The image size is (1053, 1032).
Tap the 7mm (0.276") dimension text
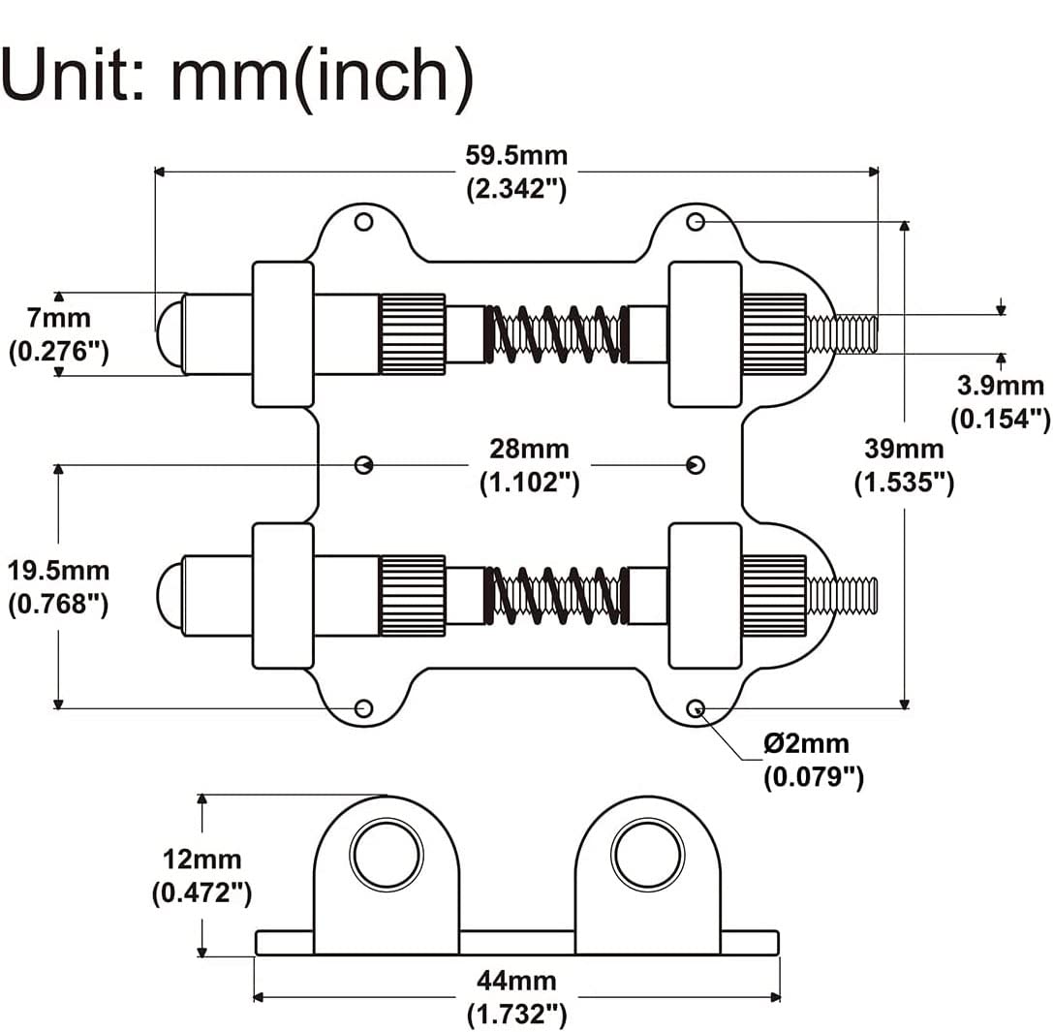tap(58, 333)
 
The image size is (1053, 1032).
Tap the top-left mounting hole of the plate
tap(363, 222)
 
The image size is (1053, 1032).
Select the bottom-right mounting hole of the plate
tap(696, 708)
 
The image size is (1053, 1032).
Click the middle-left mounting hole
tap(363, 464)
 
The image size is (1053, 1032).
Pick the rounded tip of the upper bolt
tap(170, 333)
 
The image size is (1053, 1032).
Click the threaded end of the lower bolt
tap(842, 595)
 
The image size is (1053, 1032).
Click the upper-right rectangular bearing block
tap(704, 333)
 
